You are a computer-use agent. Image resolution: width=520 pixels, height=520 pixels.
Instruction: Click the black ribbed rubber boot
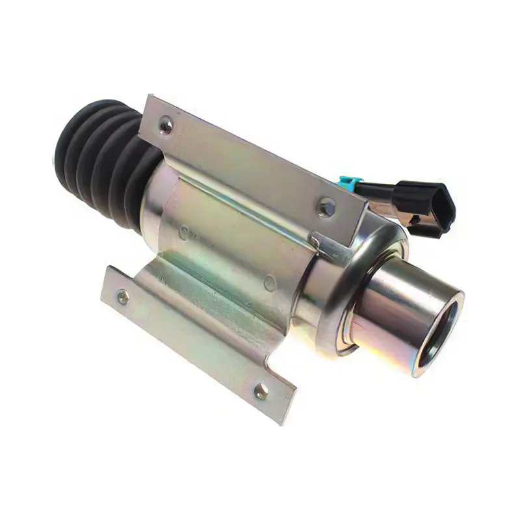[104, 156]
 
